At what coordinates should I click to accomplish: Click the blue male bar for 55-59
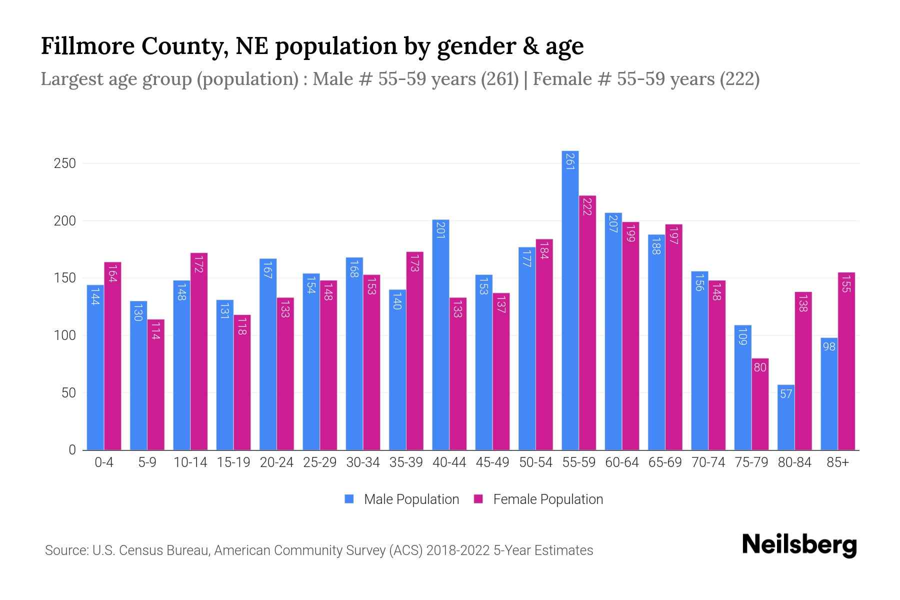click(x=570, y=300)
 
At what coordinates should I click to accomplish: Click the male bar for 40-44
click(x=440, y=335)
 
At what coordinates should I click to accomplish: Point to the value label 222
click(x=587, y=206)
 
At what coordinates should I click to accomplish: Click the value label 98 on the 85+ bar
click(x=829, y=346)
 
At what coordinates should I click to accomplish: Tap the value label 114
click(x=155, y=330)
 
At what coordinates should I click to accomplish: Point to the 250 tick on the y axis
click(x=65, y=163)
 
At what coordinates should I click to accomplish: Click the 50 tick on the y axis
click(x=68, y=393)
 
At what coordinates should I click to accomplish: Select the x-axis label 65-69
click(x=665, y=462)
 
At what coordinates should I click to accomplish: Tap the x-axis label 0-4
click(x=104, y=462)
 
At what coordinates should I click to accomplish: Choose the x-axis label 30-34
click(x=363, y=462)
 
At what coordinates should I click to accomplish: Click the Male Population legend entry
click(x=411, y=499)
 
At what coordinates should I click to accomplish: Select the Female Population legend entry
click(x=547, y=499)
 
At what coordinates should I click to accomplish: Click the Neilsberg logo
click(x=799, y=545)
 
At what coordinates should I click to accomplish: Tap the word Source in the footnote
click(x=65, y=550)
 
